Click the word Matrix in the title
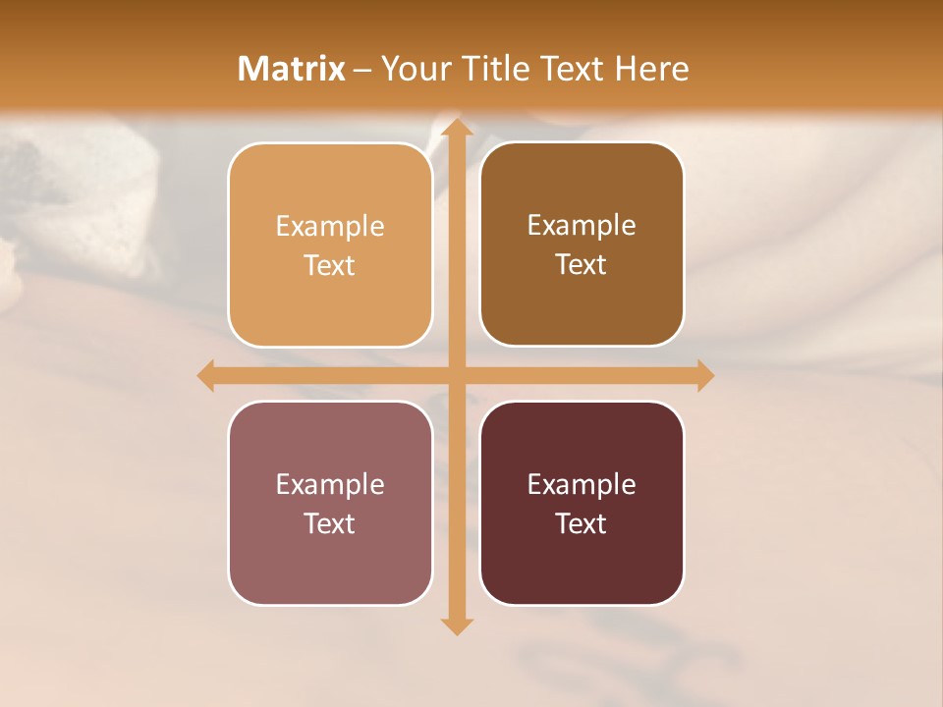click(292, 69)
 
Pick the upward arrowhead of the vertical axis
click(456, 128)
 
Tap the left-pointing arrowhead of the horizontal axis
click(206, 375)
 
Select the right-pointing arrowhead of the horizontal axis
click(704, 375)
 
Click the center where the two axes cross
click(456, 375)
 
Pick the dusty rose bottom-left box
click(330, 560)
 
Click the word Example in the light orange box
click(330, 227)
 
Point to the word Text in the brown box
click(582, 265)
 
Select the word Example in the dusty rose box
click(330, 485)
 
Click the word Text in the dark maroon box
click(582, 523)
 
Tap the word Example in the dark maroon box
click(582, 485)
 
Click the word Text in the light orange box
click(330, 266)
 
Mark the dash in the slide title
click(363, 70)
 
